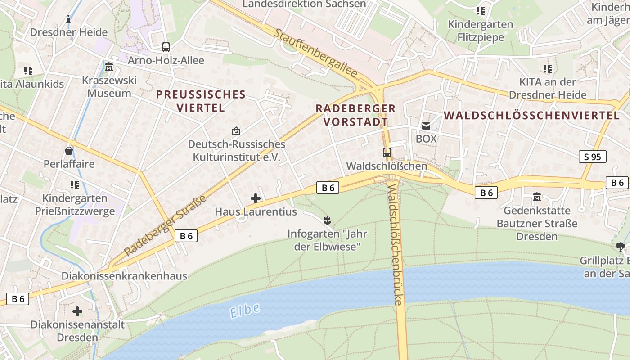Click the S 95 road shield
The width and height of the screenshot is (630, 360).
coord(592,157)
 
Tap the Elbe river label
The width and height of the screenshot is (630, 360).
coord(245,310)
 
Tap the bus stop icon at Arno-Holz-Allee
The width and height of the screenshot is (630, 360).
coord(166,47)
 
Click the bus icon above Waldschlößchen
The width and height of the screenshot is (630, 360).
coord(387,152)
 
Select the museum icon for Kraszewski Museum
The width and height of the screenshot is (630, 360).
coord(109,67)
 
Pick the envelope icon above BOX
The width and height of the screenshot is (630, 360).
coord(426,126)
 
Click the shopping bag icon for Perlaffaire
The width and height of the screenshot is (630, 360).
coord(69,150)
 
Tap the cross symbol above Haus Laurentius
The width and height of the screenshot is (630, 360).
coord(256,198)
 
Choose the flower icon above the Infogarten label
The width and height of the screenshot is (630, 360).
coord(327,220)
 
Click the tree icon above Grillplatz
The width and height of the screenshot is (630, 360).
coord(621,247)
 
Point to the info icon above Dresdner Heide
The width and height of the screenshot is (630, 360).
coord(68,19)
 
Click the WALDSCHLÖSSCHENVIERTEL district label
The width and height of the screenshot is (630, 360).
coord(531,116)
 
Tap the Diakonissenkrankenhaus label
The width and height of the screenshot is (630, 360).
coord(124,276)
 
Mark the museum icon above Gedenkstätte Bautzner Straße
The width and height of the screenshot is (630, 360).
coord(536,197)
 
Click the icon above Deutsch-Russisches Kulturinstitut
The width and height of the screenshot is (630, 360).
coord(236,131)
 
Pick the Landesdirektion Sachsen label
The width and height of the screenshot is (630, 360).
coord(304,4)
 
